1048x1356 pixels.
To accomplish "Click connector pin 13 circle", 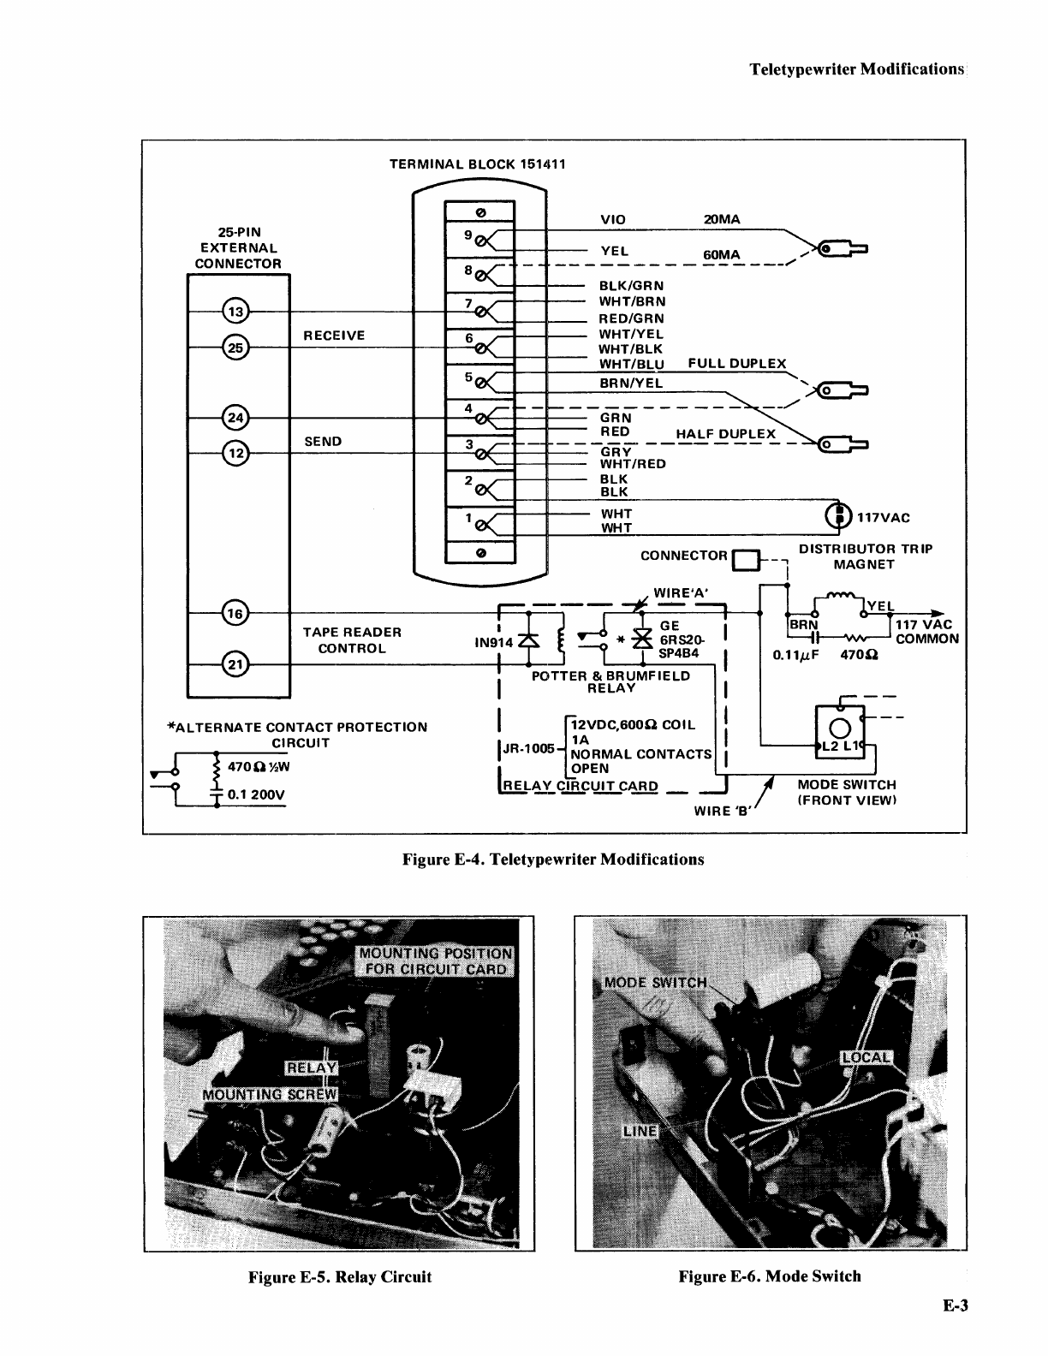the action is pyautogui.click(x=235, y=312).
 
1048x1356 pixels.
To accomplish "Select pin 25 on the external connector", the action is pyautogui.click(x=235, y=348).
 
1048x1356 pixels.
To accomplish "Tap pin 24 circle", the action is pyautogui.click(x=235, y=418).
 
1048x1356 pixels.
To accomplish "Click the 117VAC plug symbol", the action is pyautogui.click(x=838, y=516).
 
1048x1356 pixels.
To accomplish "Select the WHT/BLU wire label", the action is pyautogui.click(x=631, y=365).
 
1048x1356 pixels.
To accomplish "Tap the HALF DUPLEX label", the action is pyautogui.click(x=725, y=434).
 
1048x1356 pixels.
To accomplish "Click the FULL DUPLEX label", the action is pyautogui.click(x=736, y=363).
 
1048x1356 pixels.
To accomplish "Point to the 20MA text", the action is pyautogui.click(x=722, y=219).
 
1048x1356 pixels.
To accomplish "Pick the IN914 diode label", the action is pyautogui.click(x=493, y=643).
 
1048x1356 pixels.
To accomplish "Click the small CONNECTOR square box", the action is pyautogui.click(x=746, y=561).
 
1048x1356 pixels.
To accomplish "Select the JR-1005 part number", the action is pyautogui.click(x=528, y=748).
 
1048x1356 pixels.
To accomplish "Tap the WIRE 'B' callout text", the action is pyautogui.click(x=721, y=811).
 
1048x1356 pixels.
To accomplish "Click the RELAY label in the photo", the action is pyautogui.click(x=312, y=1068).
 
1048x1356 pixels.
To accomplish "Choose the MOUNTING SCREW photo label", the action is pyautogui.click(x=270, y=1095).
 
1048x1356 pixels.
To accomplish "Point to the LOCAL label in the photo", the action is pyautogui.click(x=866, y=1057).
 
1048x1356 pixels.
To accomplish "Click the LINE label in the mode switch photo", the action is pyautogui.click(x=640, y=1131).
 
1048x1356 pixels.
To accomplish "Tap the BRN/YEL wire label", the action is pyautogui.click(x=631, y=384).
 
